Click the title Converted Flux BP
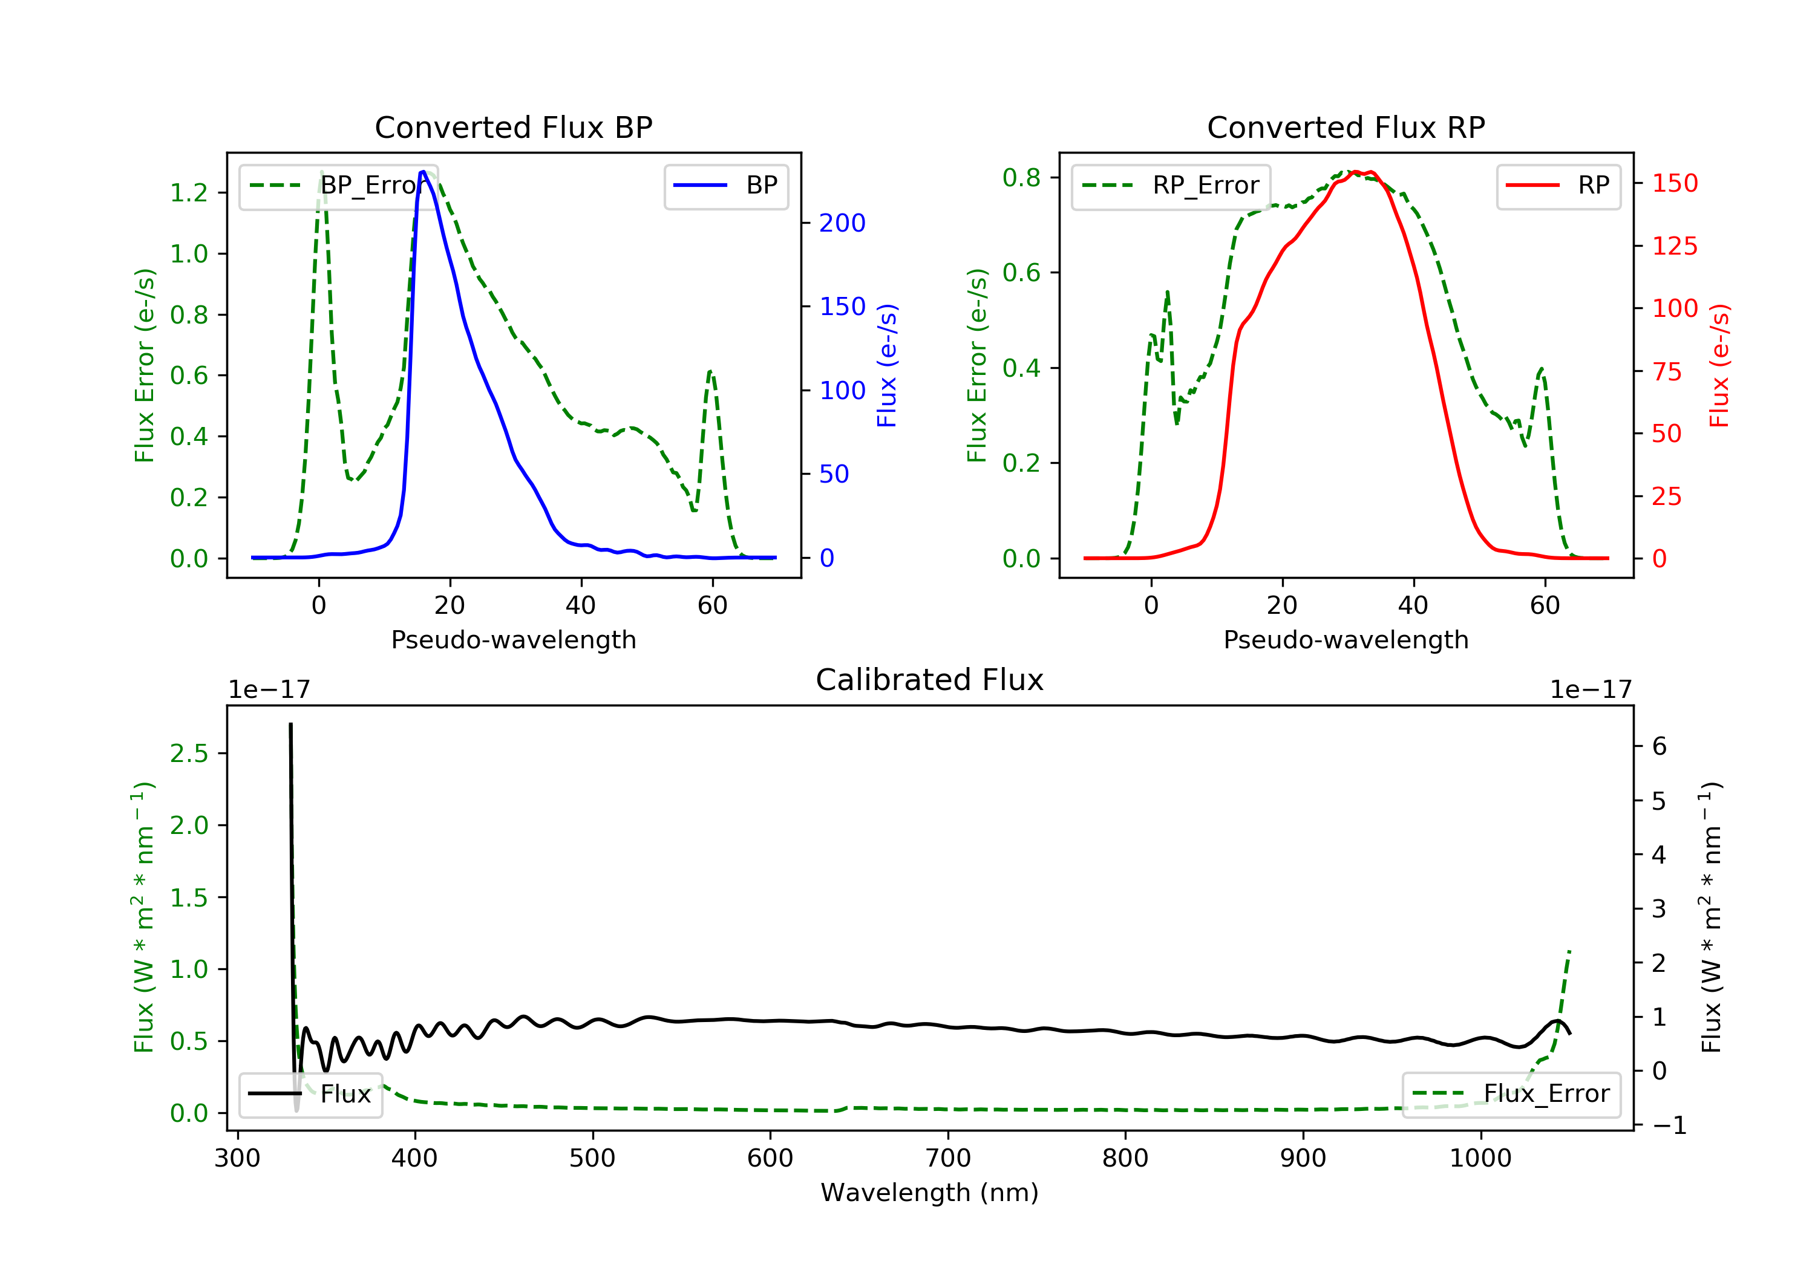(x=513, y=127)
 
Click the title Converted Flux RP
(x=1346, y=127)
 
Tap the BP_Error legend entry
(x=368, y=186)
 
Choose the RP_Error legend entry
(x=1205, y=186)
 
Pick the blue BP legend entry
(x=761, y=186)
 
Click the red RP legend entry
(x=1593, y=186)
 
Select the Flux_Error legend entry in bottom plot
(x=1545, y=1094)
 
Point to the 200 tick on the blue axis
(x=842, y=224)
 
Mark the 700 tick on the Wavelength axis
(x=948, y=1159)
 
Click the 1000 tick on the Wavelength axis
(x=1480, y=1159)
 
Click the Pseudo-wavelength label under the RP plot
(x=1346, y=640)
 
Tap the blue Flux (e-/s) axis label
(x=887, y=366)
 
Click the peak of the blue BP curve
(x=423, y=172)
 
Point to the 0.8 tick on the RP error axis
(x=1021, y=178)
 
